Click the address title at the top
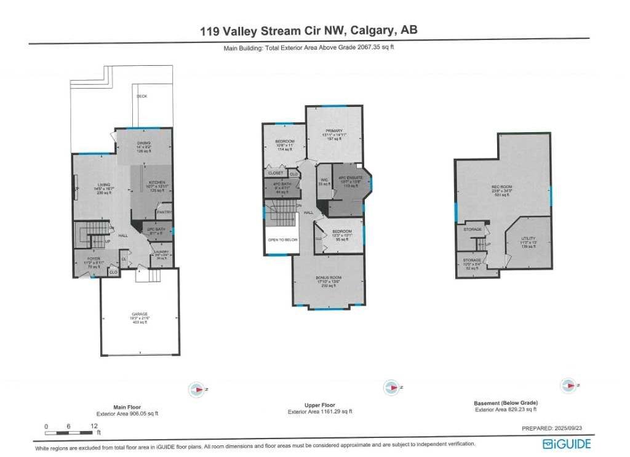pos(309,30)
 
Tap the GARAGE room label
pos(140,314)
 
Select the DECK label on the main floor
pos(142,97)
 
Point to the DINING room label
pos(143,143)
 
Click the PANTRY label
pos(164,212)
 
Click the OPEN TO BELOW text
pos(282,240)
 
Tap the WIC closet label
pos(323,180)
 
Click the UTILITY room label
pos(527,239)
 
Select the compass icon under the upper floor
pos(390,387)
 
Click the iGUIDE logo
pos(566,444)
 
